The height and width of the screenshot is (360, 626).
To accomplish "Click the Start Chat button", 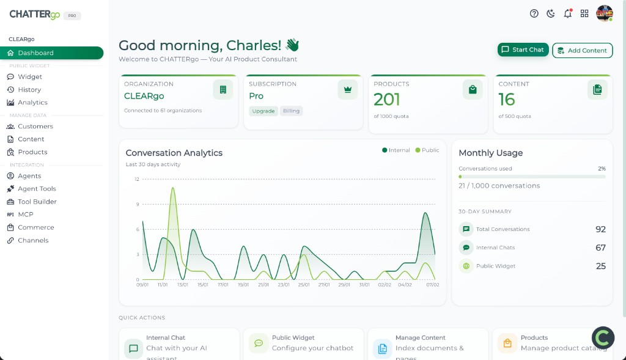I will [523, 50].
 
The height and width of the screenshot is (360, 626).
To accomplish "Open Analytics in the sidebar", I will [32, 103].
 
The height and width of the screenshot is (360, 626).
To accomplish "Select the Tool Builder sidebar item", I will [37, 202].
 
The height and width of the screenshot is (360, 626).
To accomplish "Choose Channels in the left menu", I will [33, 240].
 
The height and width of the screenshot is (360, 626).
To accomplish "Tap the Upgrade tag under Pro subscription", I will [263, 111].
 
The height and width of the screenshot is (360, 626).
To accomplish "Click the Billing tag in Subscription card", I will [292, 111].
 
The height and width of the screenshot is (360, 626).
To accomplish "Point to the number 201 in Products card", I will [387, 99].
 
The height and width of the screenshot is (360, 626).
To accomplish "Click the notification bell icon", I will [568, 13].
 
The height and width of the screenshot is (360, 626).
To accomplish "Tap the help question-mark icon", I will [534, 13].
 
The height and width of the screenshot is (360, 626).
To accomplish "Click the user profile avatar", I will [604, 13].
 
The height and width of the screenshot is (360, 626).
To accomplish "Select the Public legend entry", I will [427, 150].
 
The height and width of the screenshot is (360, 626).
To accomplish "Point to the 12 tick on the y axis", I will [137, 179].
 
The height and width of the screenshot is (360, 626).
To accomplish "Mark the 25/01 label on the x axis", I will [304, 285].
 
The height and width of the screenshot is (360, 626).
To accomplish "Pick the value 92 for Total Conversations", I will [600, 229].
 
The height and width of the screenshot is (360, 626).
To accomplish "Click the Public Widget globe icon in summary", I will [466, 266].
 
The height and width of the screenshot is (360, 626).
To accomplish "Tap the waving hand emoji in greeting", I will [292, 45].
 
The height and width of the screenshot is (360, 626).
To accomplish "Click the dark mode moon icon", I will [551, 13].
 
